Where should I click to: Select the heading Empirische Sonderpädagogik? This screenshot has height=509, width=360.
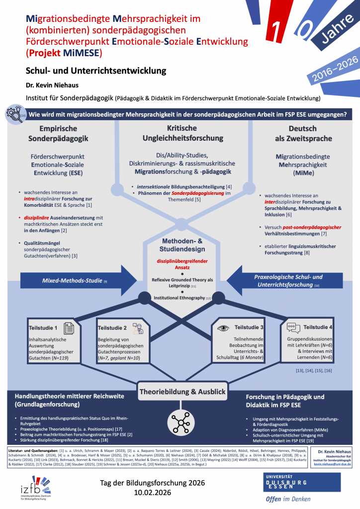click(55, 134)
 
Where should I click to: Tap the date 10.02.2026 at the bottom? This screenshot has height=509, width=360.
click(153, 492)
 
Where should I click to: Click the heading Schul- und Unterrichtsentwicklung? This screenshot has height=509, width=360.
click(96, 70)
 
